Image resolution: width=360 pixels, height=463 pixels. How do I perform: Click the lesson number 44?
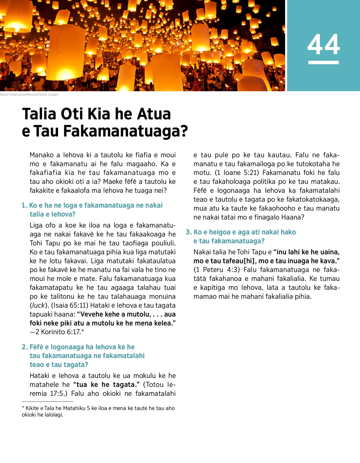coord(323,44)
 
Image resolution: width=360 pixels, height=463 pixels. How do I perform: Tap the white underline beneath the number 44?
coord(323,62)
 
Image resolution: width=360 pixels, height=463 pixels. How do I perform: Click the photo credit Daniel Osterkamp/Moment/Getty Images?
coord(29,95)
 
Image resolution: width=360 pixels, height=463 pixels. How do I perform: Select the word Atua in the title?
coord(154,114)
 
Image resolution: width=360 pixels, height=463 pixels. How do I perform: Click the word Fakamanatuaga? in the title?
coord(125,131)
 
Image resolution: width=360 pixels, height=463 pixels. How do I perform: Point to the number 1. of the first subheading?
coord(24,206)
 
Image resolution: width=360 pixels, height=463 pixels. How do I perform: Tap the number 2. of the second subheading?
coord(25,347)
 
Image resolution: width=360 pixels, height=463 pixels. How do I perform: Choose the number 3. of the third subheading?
coord(188,232)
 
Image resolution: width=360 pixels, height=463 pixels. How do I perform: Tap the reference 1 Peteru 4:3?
coord(216,270)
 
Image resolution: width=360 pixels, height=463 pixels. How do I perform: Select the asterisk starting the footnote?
coord(23,408)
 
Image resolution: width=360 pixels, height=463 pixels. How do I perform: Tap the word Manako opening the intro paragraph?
coord(42,155)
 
